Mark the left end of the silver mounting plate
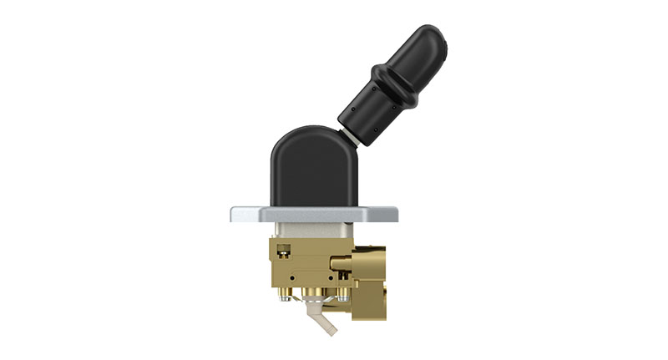tap(235, 214)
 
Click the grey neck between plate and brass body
tap(309, 230)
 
